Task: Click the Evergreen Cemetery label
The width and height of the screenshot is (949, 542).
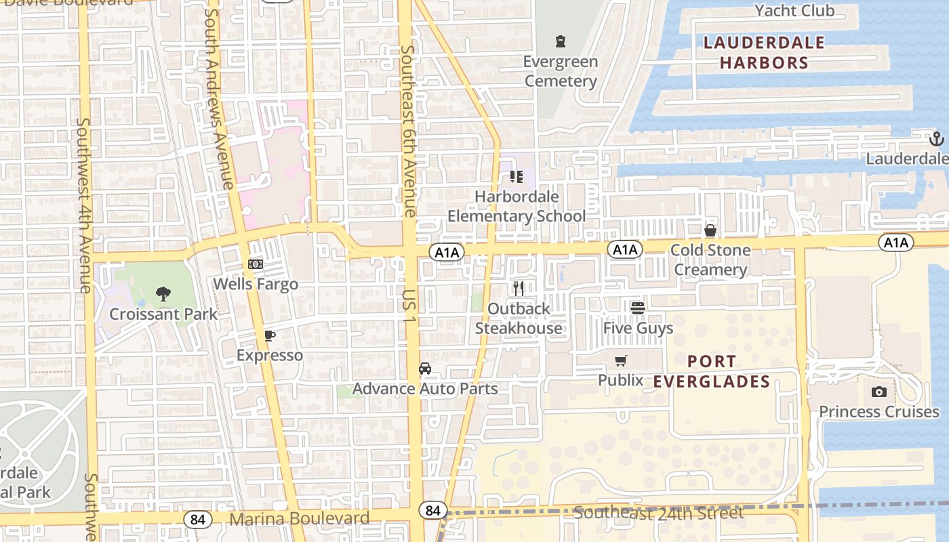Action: pos(560,71)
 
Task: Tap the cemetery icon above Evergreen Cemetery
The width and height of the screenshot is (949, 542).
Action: pos(560,42)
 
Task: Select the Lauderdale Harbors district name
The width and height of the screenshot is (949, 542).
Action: pos(764,53)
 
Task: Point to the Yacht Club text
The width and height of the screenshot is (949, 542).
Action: pos(794,11)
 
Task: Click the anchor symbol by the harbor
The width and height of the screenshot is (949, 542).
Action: pos(936,139)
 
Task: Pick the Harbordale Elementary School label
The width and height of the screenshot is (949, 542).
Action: pos(517,206)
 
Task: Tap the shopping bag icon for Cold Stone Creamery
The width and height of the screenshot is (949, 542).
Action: pos(710,230)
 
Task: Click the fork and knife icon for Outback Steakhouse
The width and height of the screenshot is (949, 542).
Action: pos(519,289)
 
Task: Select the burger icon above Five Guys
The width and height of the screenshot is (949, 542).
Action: pos(638,308)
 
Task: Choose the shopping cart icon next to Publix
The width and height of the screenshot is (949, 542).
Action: pos(621,361)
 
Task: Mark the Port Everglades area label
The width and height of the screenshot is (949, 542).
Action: pos(712,371)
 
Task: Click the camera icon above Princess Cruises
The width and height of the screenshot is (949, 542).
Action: pos(879,392)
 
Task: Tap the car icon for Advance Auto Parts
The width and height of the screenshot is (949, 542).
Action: pos(425,369)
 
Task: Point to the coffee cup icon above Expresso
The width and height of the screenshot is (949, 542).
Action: pos(269,335)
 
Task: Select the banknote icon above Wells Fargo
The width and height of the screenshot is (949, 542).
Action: pos(256,264)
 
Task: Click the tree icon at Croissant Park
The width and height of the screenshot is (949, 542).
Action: pos(163,294)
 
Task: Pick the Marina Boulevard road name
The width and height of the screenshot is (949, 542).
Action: pos(300,519)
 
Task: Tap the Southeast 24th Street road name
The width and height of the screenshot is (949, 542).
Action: pos(658,513)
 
